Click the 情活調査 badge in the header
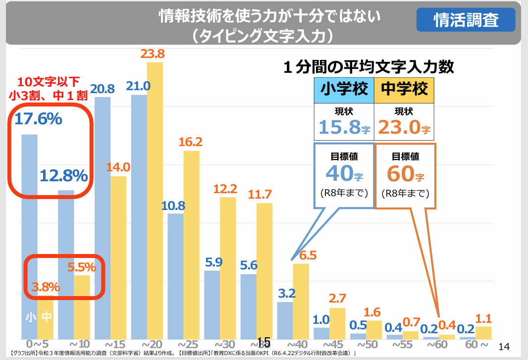pyautogui.click(x=466, y=20)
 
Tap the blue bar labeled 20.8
pyautogui.click(x=103, y=218)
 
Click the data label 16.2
pyautogui.click(x=191, y=142)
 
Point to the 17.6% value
pyautogui.click(x=38, y=119)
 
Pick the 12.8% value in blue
pyautogui.click(x=64, y=175)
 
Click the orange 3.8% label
pyautogui.click(x=46, y=287)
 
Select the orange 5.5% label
pyautogui.click(x=82, y=267)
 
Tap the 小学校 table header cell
pyautogui.click(x=344, y=89)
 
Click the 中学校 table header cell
pyautogui.click(x=404, y=89)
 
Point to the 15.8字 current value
pyautogui.click(x=344, y=128)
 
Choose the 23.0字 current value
pyautogui.click(x=404, y=128)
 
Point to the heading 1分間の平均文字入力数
pyautogui.click(x=369, y=66)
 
